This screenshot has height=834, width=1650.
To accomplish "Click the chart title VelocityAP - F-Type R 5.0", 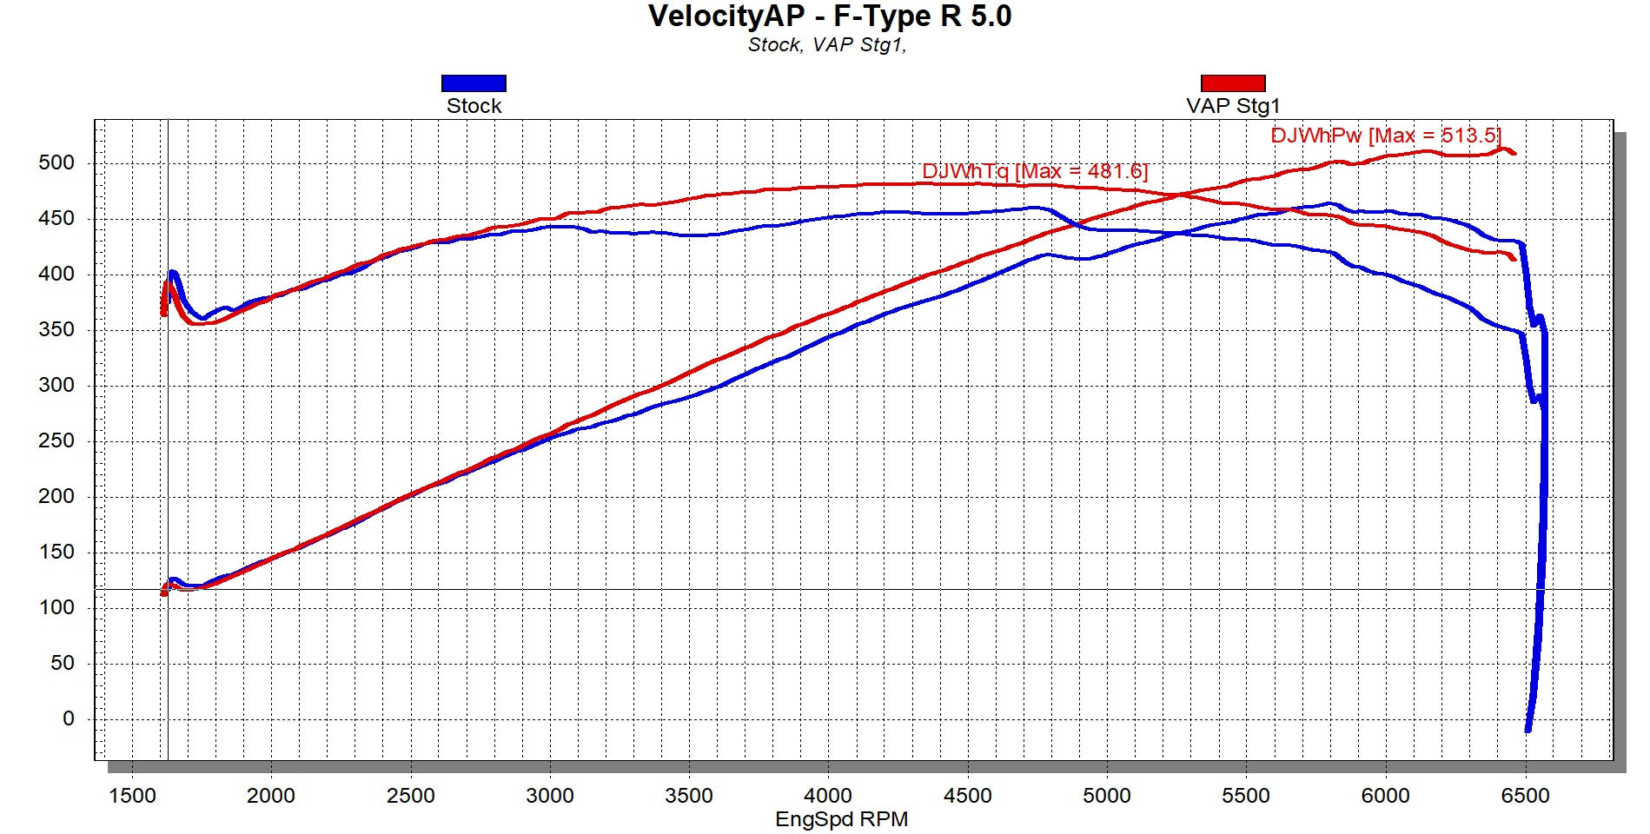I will coord(829,17).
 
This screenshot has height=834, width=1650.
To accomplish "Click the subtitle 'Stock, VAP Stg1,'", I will coord(826,45).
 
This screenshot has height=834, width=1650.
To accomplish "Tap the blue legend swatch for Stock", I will coord(474,83).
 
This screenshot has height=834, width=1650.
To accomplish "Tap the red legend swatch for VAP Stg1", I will coord(1233,83).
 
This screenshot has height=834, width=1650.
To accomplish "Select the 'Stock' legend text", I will coord(474,106).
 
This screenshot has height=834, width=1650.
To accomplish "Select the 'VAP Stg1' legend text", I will coord(1233,106).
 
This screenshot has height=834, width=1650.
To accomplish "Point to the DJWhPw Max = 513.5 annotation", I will coord(1385,136).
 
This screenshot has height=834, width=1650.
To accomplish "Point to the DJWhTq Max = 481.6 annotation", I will coord(1034,171).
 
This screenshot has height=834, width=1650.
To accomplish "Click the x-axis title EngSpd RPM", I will coord(841,819).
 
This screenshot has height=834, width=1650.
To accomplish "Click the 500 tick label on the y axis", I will coord(56,162).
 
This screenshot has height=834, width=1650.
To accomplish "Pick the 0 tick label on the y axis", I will coord(69,718).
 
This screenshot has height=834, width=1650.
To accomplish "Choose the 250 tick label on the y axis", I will coord(56,440).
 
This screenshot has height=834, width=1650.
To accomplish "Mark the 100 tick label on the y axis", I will coord(56,607).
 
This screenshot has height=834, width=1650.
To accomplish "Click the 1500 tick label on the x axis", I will coord(132,796).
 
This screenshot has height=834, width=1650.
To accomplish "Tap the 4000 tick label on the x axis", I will coord(828,796).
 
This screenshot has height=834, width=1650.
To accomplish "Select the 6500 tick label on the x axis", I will coord(1525,796).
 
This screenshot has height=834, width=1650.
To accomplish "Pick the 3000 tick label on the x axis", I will coord(549,796).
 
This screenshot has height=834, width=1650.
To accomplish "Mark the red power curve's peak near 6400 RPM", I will coord(1502,149).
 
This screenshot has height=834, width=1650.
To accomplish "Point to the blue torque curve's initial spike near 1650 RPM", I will coord(172,274).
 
